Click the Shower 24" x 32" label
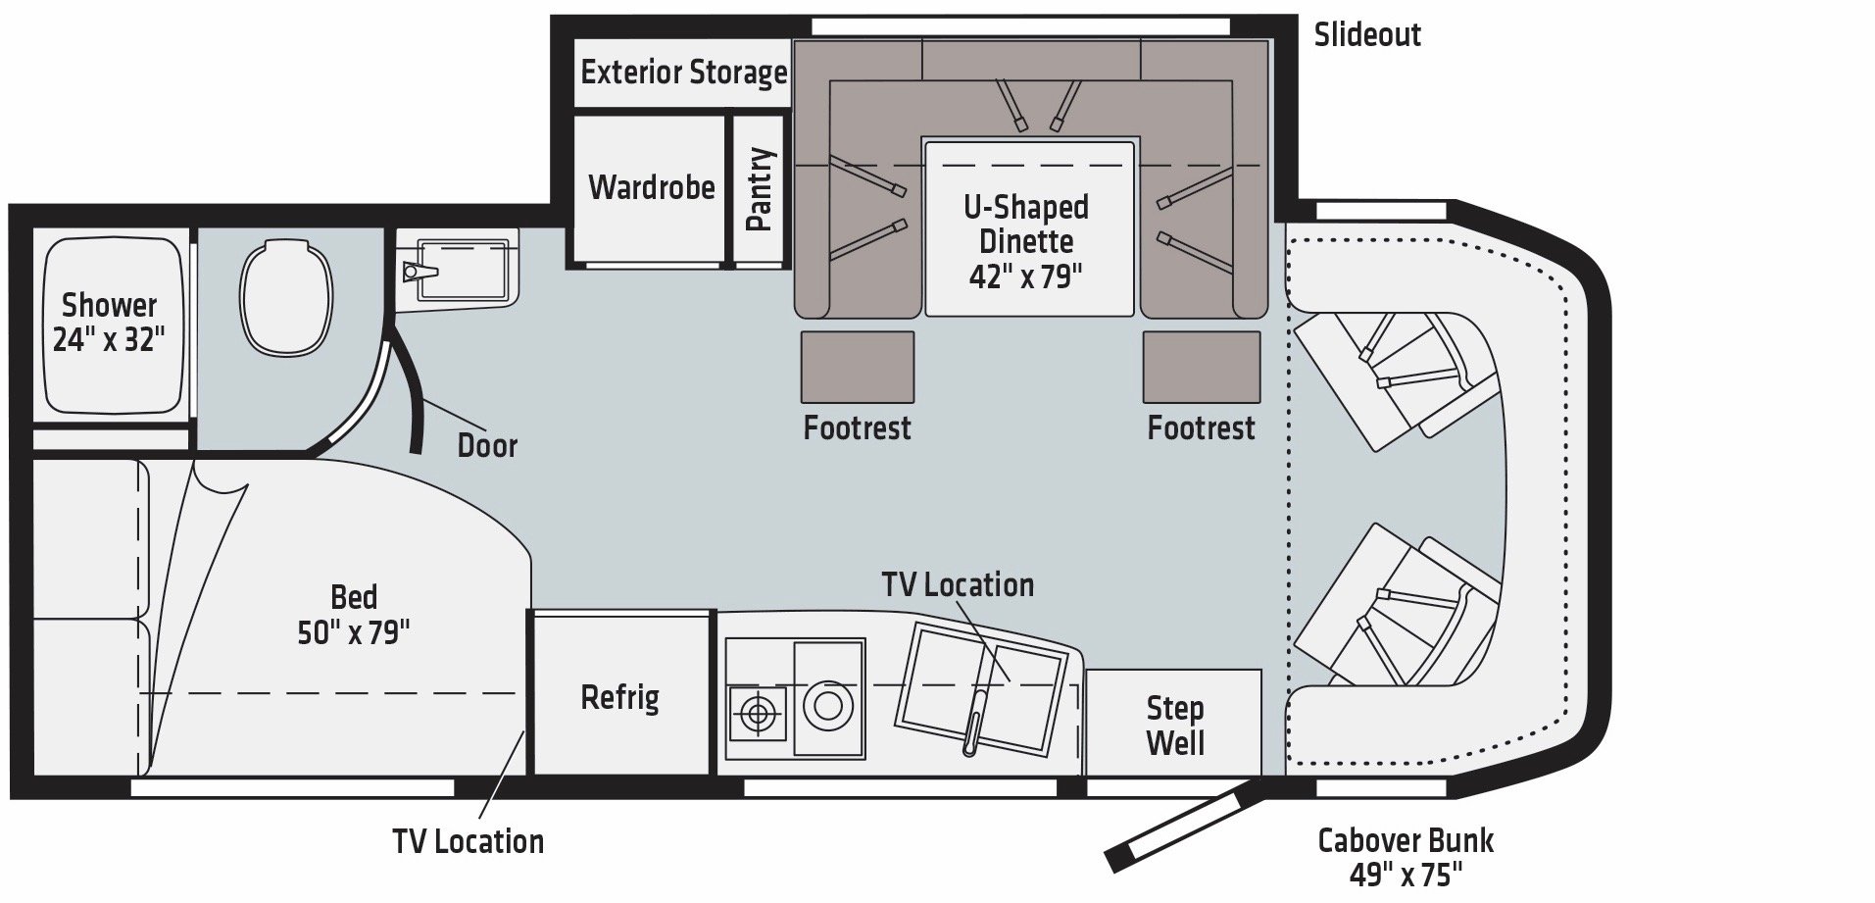[x=109, y=322]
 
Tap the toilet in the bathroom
[x=286, y=299]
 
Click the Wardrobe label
[x=652, y=186]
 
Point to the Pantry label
[x=760, y=189]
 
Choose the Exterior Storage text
[x=683, y=73]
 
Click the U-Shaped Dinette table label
[x=1026, y=241]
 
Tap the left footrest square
[x=858, y=367]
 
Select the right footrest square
[x=1202, y=367]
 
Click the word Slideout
[x=1367, y=35]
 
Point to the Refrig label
[x=619, y=697]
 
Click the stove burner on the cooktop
[x=758, y=713]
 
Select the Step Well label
[x=1174, y=725]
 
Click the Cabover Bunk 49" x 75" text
[x=1406, y=856]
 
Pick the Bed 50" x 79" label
[x=354, y=615]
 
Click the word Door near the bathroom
[x=487, y=445]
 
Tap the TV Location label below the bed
[x=469, y=841]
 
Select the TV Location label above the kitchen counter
[x=958, y=584]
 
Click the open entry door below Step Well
[x=1180, y=822]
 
